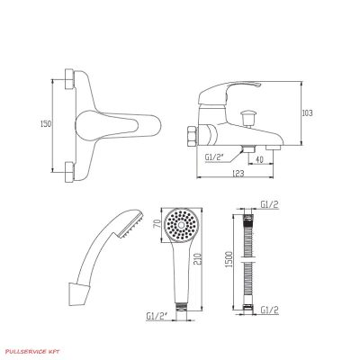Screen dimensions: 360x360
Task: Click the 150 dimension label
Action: click(46, 123)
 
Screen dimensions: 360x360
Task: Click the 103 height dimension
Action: click(307, 113)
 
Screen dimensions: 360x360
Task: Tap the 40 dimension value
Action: click(259, 159)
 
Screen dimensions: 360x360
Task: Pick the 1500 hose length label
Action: click(229, 260)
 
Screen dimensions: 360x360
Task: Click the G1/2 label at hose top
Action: click(269, 204)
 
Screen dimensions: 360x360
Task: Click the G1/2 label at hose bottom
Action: click(269, 310)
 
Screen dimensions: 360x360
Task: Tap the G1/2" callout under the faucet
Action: click(214, 157)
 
